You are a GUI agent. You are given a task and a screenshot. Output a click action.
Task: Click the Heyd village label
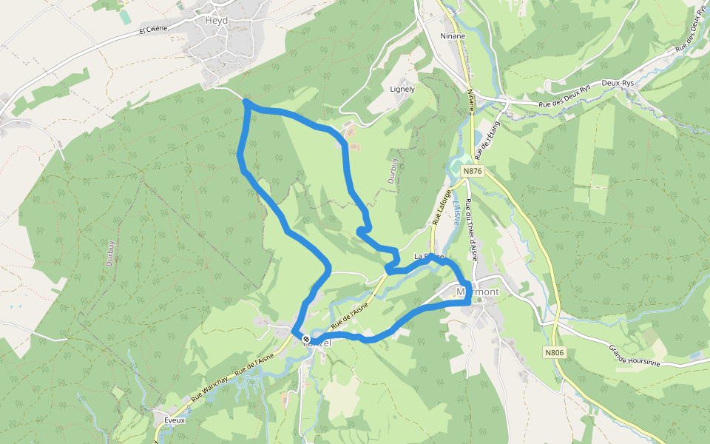tap(216, 21)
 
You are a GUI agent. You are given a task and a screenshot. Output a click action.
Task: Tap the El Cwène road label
tap(154, 30)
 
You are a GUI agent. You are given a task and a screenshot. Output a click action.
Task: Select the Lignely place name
tap(402, 89)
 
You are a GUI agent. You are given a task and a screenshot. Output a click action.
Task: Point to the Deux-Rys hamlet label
tap(619, 84)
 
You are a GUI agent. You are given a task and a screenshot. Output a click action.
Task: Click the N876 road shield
tap(473, 172)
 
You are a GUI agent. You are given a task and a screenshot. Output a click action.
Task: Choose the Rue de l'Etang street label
tap(487, 141)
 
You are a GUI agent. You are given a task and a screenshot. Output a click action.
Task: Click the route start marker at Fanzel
tap(305, 338)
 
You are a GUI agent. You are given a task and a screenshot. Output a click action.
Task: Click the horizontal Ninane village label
tap(453, 36)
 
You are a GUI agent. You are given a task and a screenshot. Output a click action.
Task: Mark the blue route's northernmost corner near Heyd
tap(246, 102)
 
